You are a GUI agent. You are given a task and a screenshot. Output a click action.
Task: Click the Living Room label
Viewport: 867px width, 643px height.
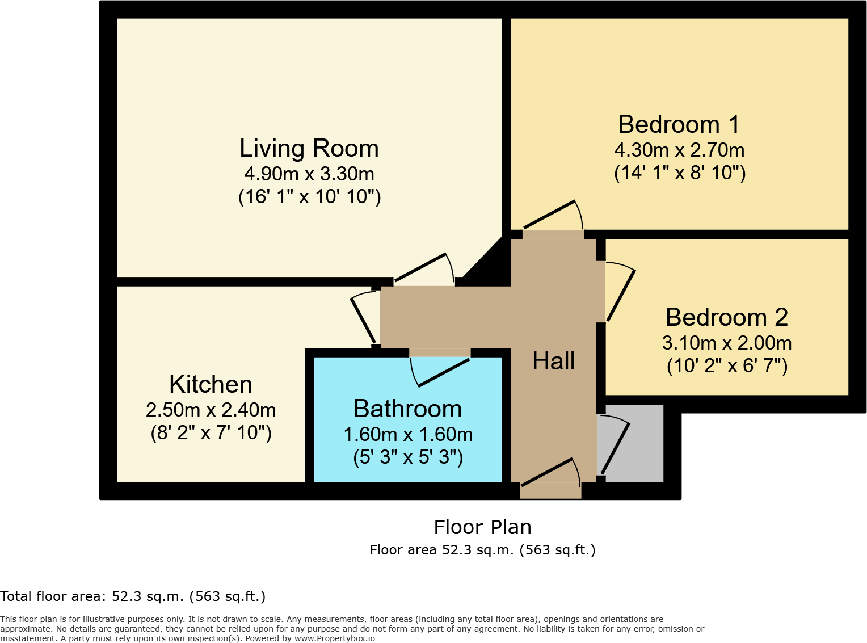309,149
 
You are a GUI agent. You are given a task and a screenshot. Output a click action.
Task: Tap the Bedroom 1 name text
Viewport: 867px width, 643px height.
679,125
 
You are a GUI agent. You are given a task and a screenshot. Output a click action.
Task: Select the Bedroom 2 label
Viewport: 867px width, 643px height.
727,317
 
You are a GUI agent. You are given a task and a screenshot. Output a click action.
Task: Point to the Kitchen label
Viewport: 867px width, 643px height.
211,385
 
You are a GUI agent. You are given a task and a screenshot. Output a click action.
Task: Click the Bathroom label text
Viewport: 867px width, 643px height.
407,409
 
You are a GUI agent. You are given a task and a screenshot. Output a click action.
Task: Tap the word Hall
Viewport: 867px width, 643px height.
553,362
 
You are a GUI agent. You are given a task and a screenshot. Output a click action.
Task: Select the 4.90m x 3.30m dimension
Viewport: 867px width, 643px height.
309,174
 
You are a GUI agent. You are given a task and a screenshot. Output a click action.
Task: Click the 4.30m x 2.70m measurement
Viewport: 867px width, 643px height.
679,150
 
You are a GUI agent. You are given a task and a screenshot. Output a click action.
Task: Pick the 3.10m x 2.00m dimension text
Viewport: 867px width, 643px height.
727,343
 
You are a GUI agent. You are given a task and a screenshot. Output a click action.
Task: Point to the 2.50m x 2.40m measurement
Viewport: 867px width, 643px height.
211,410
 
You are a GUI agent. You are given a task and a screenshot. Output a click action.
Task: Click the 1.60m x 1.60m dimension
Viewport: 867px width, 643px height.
408,435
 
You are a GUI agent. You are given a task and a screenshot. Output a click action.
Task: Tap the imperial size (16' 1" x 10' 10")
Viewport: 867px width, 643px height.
309,197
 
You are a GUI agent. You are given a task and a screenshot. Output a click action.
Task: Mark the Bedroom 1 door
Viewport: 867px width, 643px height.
553,218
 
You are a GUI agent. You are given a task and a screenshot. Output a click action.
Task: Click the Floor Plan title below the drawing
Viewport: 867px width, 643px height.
482,527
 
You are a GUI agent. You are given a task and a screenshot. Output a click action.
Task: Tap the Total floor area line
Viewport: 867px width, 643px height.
133,596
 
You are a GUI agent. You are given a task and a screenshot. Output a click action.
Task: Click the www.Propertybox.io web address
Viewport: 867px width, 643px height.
334,638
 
